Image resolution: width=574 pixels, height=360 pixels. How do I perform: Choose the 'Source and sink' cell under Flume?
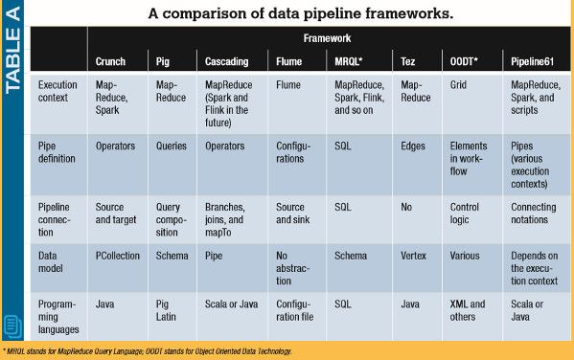point(291,213)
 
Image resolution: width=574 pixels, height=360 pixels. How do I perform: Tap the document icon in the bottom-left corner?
point(14,326)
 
